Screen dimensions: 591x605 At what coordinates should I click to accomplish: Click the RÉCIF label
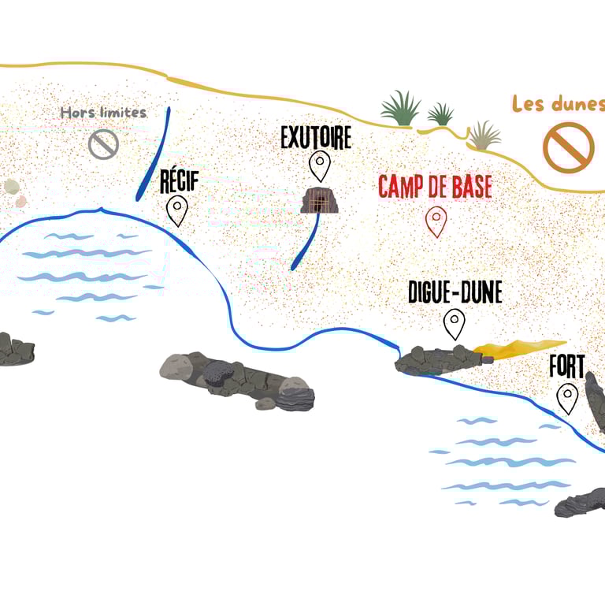point(179,180)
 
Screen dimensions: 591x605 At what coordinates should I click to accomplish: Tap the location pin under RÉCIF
point(177,210)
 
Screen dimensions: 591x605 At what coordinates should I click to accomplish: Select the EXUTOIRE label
point(316,137)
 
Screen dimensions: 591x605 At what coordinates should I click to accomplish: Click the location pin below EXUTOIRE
point(319,165)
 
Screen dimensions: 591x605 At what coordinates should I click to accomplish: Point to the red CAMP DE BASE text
point(435,187)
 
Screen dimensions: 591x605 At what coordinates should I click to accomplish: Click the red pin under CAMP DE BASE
point(436,221)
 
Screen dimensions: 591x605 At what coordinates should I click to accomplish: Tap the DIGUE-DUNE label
point(455,292)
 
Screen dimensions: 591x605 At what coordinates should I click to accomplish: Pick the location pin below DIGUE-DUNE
point(454,323)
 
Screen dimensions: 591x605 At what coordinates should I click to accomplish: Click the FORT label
point(567,366)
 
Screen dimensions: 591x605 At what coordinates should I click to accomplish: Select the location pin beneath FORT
point(567,398)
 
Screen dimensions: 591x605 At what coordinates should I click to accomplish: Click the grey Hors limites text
point(103,113)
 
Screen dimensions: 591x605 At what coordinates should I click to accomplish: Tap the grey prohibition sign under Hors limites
point(103,144)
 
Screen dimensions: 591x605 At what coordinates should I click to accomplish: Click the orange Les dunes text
point(558,103)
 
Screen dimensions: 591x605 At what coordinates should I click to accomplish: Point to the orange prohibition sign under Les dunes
point(568,147)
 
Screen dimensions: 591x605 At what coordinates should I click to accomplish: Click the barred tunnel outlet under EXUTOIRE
point(319,201)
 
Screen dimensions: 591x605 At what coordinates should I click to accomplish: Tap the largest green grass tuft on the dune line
point(401,110)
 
